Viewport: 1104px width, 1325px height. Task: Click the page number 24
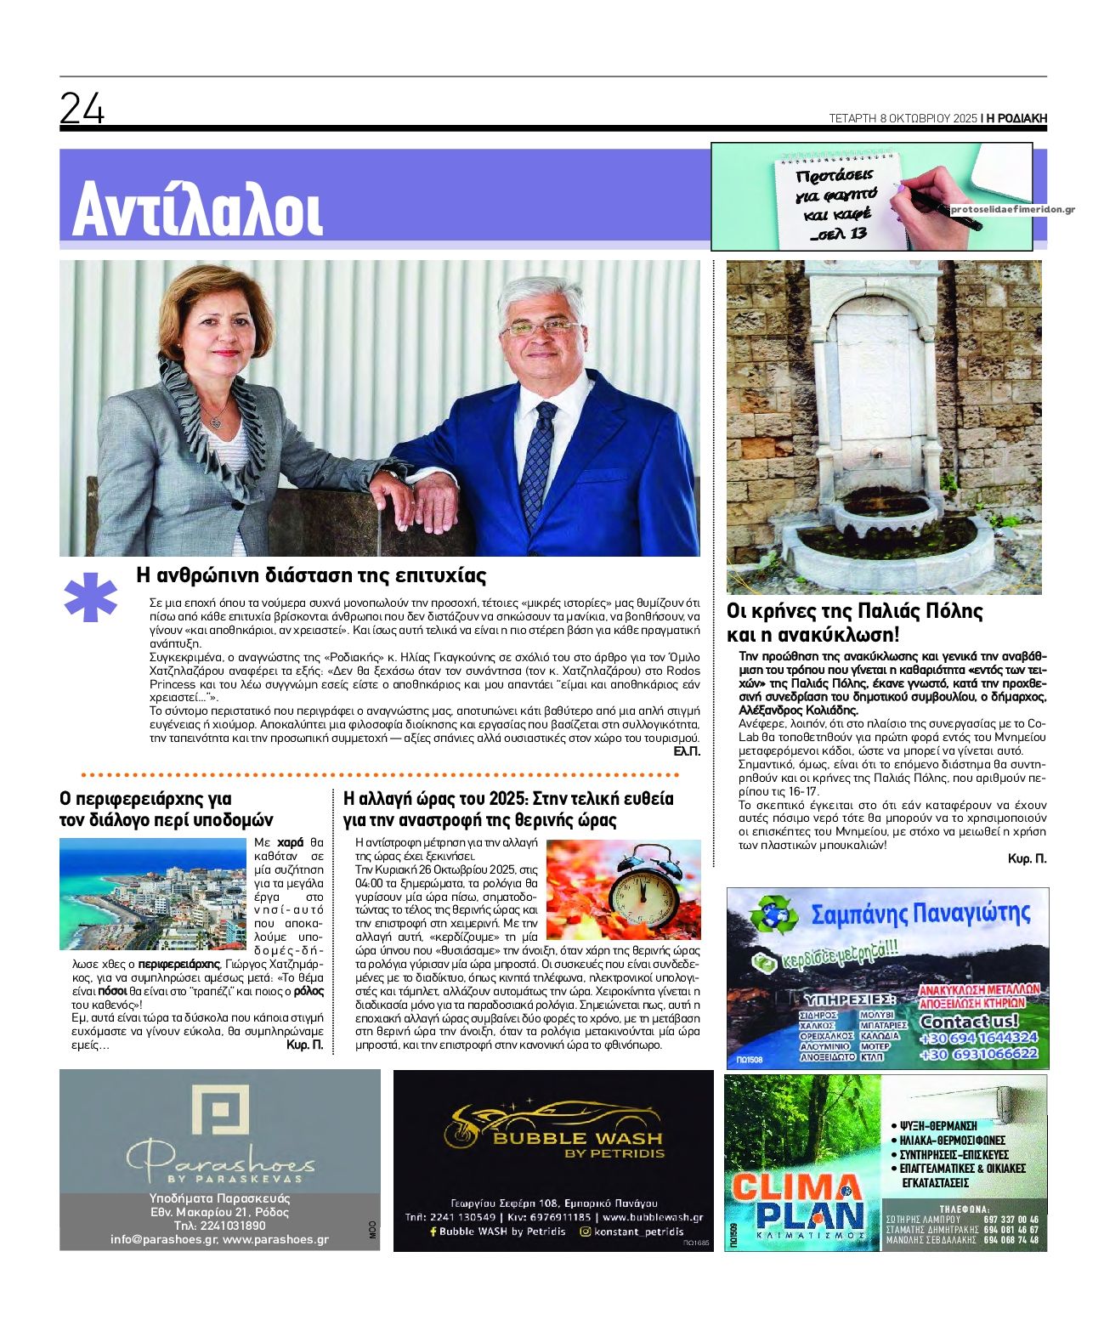82,109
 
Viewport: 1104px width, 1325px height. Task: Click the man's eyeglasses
541,326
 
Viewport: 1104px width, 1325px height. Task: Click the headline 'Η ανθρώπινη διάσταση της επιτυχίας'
311,575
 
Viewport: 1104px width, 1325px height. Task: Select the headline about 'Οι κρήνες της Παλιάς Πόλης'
854,623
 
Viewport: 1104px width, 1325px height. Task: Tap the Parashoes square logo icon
219,1109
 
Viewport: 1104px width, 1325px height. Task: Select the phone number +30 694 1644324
978,1038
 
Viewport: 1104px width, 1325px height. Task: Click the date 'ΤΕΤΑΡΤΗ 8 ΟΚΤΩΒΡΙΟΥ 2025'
903,119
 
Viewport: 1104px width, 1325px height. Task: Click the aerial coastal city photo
152,893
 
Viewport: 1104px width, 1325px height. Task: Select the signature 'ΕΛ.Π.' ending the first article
686,752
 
